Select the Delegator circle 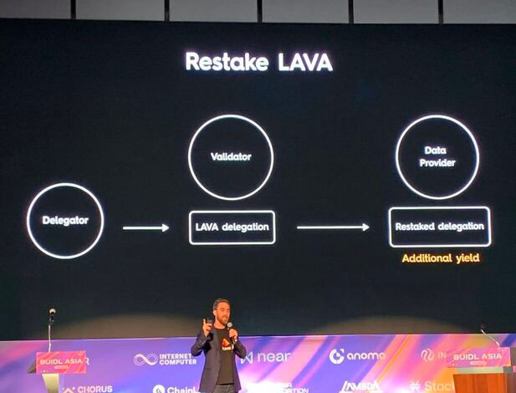(65, 221)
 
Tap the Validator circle (231, 156)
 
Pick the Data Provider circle (437, 157)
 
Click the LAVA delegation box (232, 227)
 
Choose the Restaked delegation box (440, 227)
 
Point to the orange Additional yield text (440, 258)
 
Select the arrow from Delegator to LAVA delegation (146, 227)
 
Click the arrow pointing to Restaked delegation (332, 227)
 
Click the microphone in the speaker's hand (230, 329)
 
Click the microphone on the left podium (52, 314)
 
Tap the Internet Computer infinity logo (145, 360)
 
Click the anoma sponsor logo (357, 356)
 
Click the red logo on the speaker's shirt (225, 344)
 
